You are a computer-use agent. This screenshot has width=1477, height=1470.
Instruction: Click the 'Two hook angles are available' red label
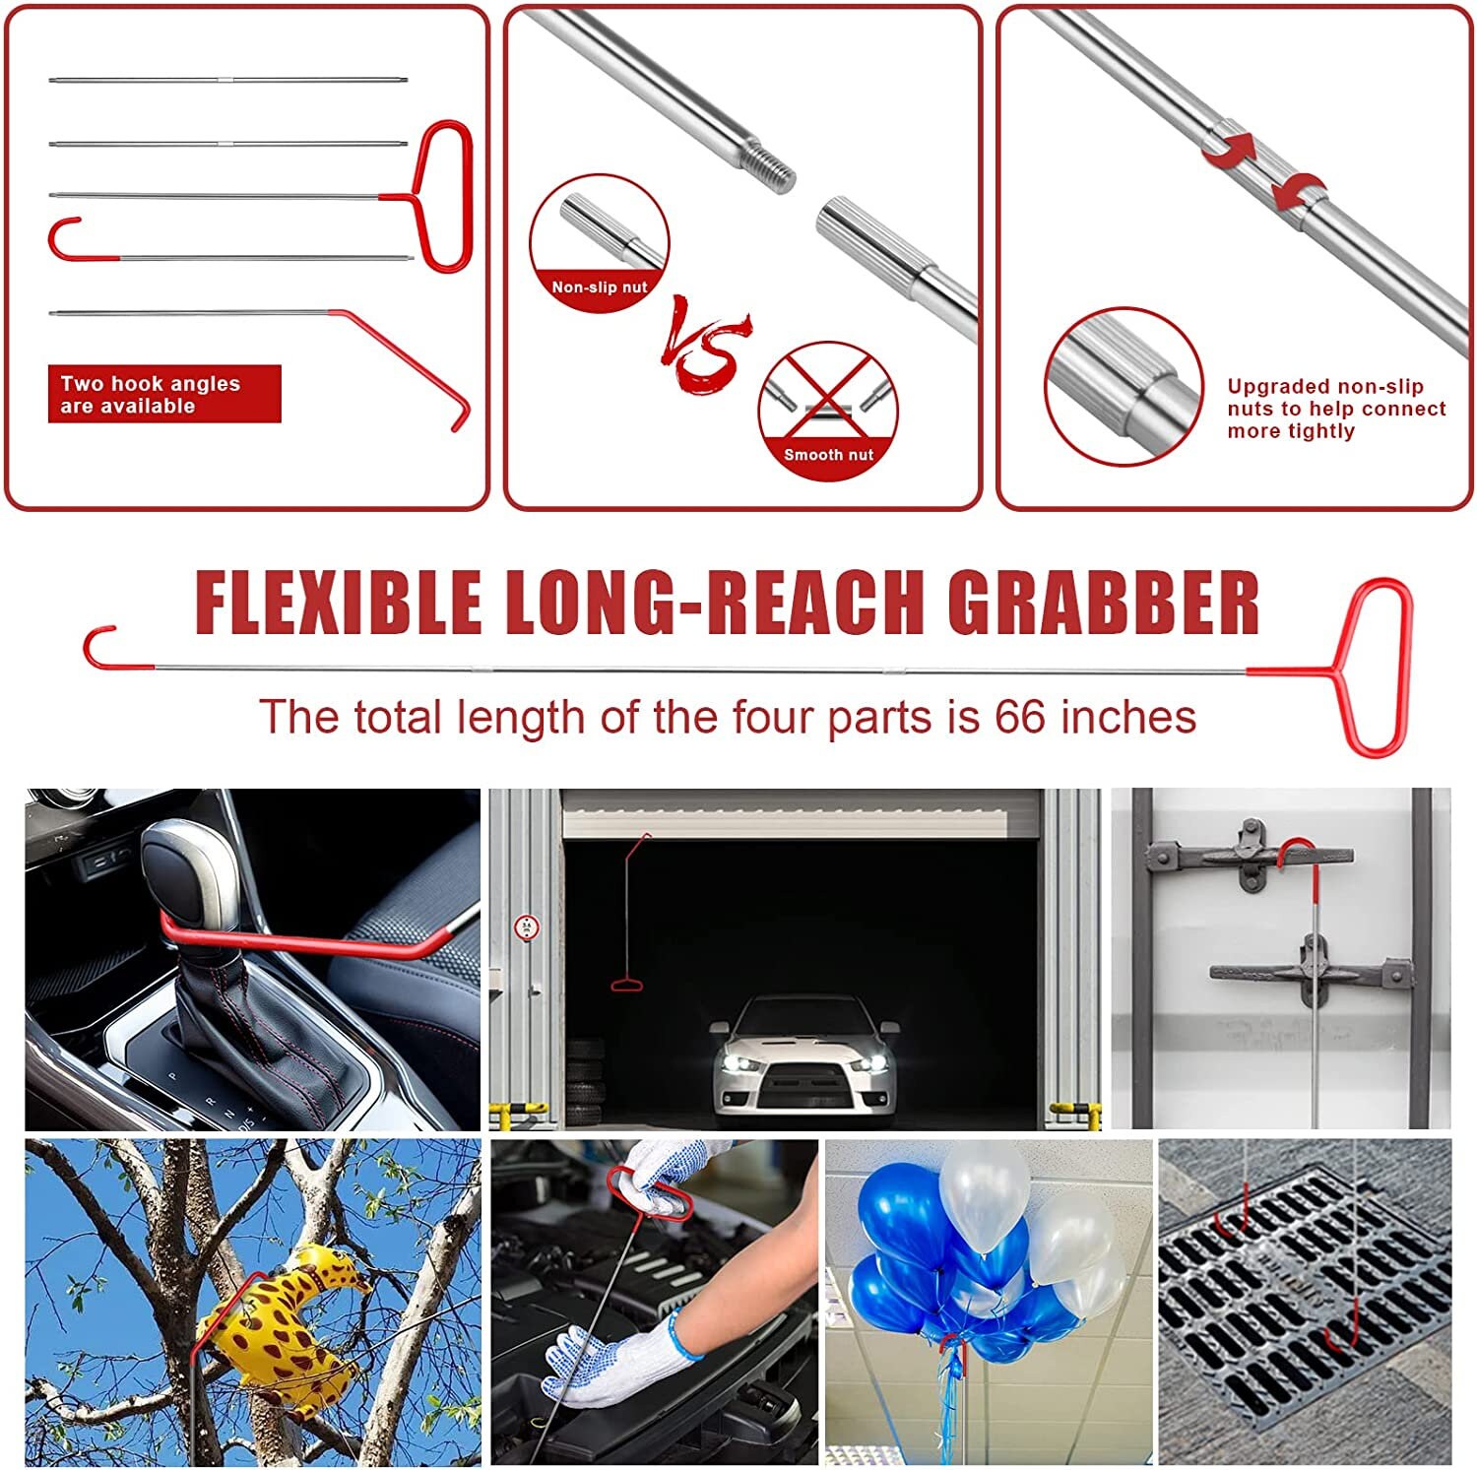(x=164, y=394)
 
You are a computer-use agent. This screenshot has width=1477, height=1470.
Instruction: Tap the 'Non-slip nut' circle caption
(x=599, y=287)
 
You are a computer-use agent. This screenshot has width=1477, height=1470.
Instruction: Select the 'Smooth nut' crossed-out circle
(x=828, y=411)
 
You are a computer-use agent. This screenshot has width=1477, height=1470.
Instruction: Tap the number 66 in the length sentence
(x=1019, y=717)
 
